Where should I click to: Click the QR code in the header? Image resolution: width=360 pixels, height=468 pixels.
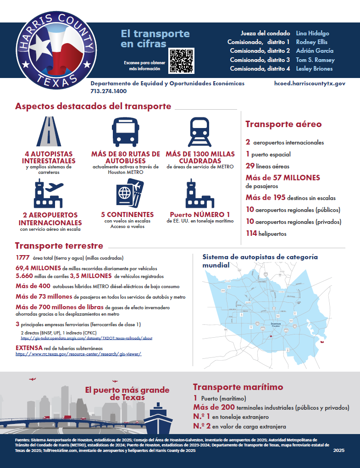(x=182, y=61)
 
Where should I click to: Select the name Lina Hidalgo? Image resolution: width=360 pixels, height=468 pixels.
(x=313, y=33)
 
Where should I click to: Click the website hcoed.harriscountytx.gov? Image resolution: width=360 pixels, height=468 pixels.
(x=310, y=84)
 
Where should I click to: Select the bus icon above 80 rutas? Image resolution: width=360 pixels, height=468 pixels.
(x=125, y=131)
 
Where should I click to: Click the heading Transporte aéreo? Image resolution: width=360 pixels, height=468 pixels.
(x=283, y=124)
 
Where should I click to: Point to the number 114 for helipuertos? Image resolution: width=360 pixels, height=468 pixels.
(x=252, y=234)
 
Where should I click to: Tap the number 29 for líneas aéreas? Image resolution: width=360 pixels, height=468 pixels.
(x=250, y=166)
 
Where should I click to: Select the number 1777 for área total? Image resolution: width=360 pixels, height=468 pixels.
(x=22, y=257)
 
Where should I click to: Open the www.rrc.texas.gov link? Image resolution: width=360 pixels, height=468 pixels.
(x=78, y=354)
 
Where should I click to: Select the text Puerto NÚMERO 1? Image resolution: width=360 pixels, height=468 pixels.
(x=200, y=214)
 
